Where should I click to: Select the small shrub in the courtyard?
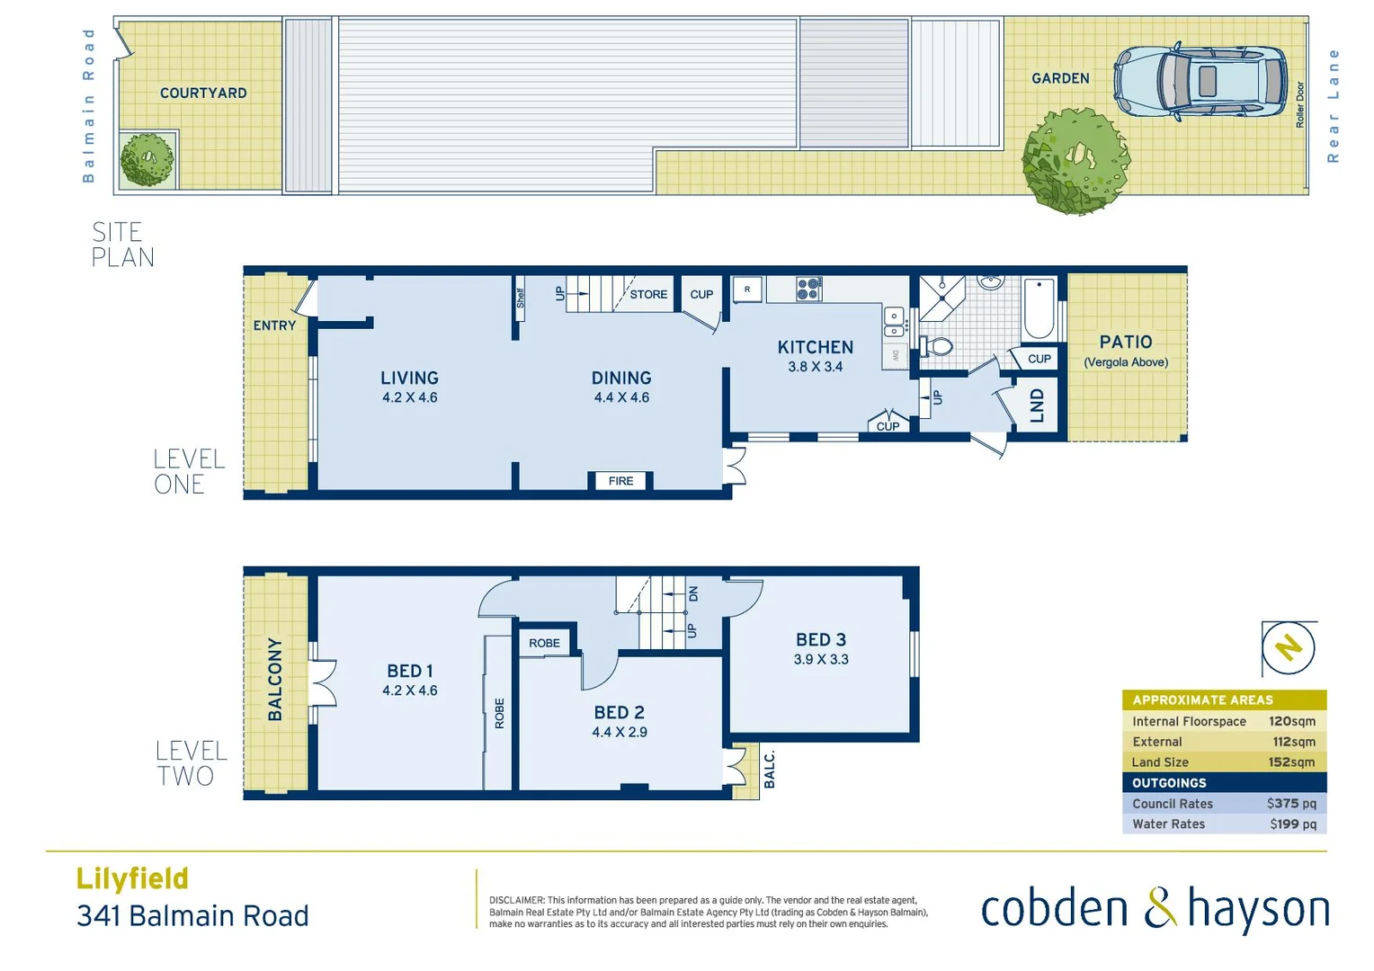coord(147,160)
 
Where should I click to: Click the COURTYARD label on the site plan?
coord(203,93)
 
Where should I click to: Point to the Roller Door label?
coord(1299,104)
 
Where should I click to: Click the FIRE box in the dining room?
coord(620,481)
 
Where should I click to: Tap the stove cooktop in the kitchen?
coord(808,289)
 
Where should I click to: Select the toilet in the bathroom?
coord(937,346)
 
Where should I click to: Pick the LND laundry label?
coord(1037,405)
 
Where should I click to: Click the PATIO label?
coord(1126,342)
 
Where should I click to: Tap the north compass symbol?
coord(1289,647)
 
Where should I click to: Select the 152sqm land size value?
coord(1291,762)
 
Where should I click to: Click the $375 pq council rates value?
coord(1291,804)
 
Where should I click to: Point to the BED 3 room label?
coord(821,640)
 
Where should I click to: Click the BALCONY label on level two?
coord(275,680)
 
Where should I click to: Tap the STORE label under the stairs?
coord(648,294)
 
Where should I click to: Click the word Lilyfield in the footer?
coord(132,878)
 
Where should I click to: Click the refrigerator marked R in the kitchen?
coord(747,290)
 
